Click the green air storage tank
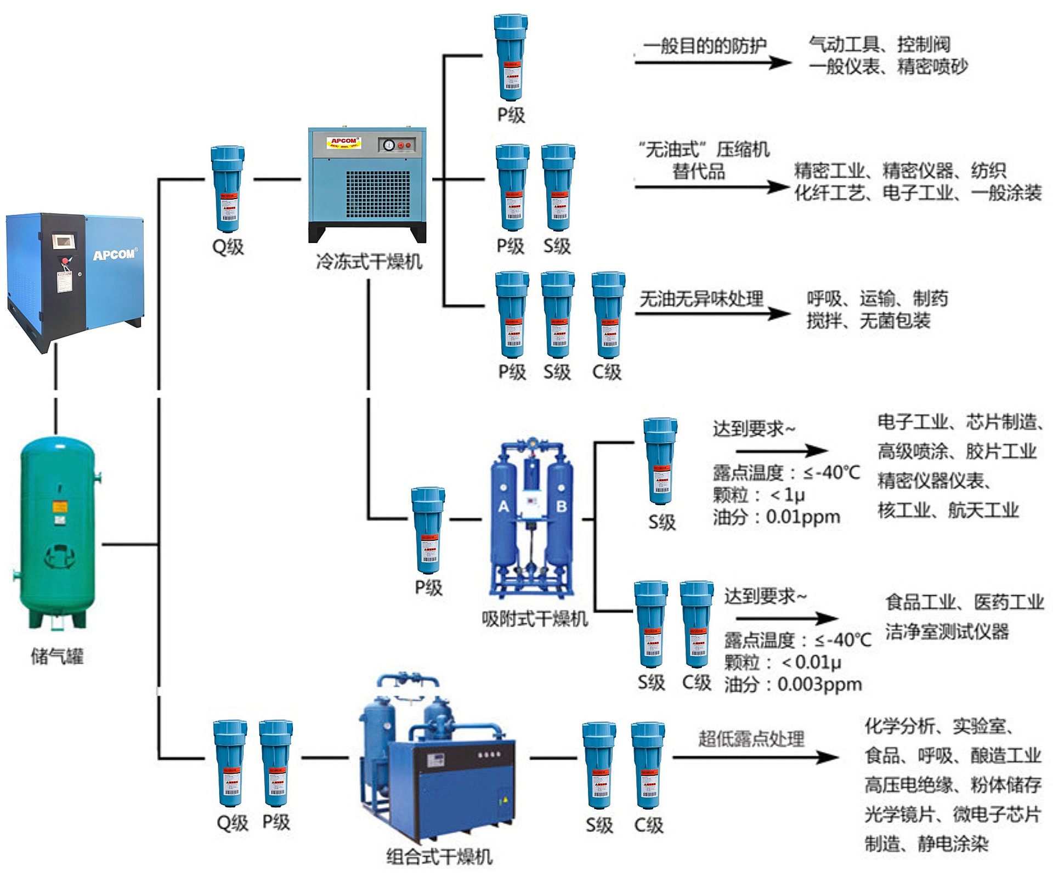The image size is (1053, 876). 58,532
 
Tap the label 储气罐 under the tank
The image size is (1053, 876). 57,655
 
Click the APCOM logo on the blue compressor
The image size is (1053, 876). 114,255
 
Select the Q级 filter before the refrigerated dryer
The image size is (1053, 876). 228,189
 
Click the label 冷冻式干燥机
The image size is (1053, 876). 369,262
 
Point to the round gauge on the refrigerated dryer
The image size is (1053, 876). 389,145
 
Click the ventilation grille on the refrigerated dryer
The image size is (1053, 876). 378,194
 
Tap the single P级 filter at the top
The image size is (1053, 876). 511,58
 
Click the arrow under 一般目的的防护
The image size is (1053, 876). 713,63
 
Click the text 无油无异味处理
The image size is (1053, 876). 701,299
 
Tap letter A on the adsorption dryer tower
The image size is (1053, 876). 503,506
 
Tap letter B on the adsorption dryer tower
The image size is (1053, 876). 561,506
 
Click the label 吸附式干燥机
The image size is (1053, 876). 534,619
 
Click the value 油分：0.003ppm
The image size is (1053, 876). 793,685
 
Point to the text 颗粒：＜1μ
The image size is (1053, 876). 759,495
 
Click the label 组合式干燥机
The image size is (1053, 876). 439,856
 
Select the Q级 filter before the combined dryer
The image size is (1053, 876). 230,764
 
